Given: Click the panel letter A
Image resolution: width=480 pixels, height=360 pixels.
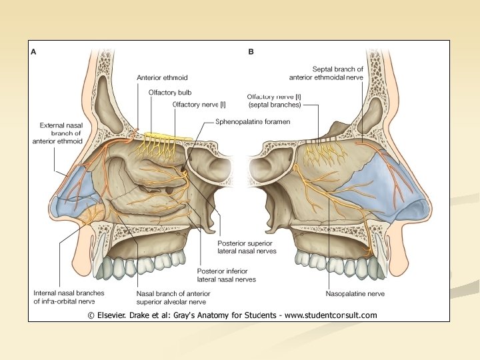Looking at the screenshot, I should [33, 51].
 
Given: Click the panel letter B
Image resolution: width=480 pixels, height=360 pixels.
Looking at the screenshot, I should [251, 51].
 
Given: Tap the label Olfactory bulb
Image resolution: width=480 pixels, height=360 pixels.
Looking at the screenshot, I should [170, 93].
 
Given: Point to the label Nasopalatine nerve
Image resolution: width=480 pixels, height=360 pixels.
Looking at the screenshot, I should [355, 293].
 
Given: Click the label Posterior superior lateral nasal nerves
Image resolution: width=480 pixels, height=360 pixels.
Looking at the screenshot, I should [247, 247].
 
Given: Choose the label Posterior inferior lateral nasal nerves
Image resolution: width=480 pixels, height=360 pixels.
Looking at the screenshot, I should [226, 275].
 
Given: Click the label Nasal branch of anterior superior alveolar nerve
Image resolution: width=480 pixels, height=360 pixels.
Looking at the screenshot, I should [173, 297].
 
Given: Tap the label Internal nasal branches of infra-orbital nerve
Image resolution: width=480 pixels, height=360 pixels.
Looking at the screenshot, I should [69, 297].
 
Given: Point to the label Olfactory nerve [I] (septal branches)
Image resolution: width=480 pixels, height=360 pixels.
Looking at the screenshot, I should [274, 101].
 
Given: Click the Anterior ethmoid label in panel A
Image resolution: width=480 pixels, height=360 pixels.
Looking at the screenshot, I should [162, 77].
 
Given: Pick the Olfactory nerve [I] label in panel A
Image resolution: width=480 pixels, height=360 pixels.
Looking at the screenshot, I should [199, 105].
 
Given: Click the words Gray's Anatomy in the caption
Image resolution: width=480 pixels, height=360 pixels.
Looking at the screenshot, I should [199, 315].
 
